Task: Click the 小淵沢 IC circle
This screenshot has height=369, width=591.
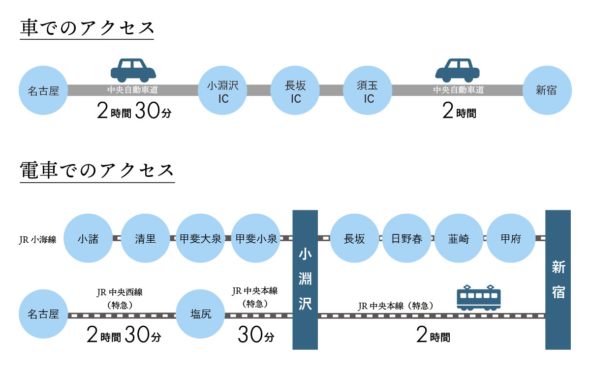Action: pyautogui.click(x=222, y=92)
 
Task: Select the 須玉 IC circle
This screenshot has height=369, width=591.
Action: pyautogui.click(x=368, y=92)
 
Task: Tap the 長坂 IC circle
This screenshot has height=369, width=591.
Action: pyautogui.click(x=295, y=92)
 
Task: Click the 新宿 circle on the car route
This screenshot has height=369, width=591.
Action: pyautogui.click(x=547, y=91)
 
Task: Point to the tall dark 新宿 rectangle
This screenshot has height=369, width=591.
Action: pyautogui.click(x=558, y=280)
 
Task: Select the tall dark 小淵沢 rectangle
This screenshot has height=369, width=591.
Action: pyautogui.click(x=305, y=280)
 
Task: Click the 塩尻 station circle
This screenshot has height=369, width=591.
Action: pyautogui.click(x=200, y=314)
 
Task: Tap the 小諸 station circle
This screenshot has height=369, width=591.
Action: pyautogui.click(x=88, y=239)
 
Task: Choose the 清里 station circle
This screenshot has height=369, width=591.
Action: pyautogui.click(x=145, y=239)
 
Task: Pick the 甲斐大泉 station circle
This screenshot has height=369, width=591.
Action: pyautogui.click(x=200, y=239)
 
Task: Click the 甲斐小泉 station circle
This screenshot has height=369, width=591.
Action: pyautogui.click(x=256, y=239)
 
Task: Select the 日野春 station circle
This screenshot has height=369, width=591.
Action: pyautogui.click(x=407, y=239)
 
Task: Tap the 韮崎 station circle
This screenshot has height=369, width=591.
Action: pyautogui.click(x=459, y=239)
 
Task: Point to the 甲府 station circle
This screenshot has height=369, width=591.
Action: pyautogui.click(x=511, y=239)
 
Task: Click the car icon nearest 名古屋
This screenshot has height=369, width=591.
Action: pyautogui.click(x=133, y=70)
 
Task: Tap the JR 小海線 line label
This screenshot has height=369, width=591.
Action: pyautogui.click(x=38, y=240)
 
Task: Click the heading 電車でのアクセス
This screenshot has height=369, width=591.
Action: pyautogui.click(x=97, y=170)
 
